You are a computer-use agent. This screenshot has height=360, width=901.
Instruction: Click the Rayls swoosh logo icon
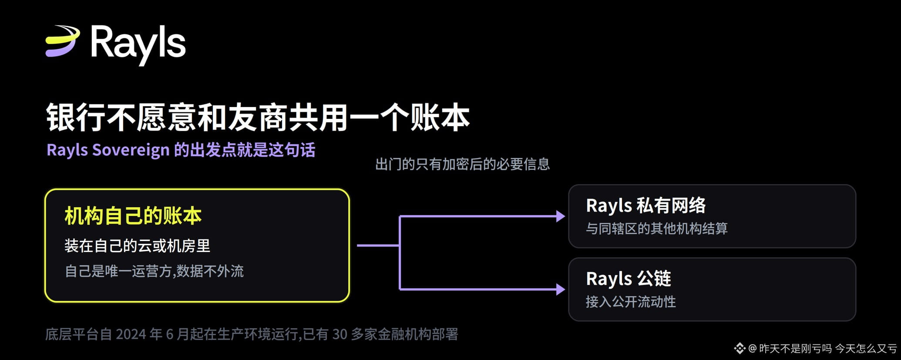click(x=63, y=41)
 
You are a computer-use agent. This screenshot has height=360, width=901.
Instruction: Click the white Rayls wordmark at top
click(x=138, y=44)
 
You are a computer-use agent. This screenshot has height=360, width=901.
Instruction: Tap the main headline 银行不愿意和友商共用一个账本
click(x=258, y=118)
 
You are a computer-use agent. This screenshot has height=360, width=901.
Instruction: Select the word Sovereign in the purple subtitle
click(x=131, y=150)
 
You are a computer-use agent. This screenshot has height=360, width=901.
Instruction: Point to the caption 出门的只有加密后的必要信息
click(x=462, y=165)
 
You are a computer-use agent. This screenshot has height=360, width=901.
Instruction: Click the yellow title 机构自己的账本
click(x=133, y=216)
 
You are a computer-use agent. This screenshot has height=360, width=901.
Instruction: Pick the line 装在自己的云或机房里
click(x=138, y=246)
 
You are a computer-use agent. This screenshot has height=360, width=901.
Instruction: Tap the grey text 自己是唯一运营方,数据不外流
click(x=154, y=271)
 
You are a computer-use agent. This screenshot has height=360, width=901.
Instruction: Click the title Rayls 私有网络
click(x=646, y=205)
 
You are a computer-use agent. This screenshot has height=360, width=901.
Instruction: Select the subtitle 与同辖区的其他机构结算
click(x=657, y=229)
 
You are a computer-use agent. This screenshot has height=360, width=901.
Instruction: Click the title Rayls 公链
click(x=629, y=279)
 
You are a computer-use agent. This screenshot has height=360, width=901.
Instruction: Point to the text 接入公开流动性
click(x=631, y=302)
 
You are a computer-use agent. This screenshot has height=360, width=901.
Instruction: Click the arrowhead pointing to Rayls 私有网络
click(x=561, y=216)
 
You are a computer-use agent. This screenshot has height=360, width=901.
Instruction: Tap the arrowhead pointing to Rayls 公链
click(x=561, y=289)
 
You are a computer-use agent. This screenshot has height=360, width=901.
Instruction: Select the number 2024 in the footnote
click(x=131, y=334)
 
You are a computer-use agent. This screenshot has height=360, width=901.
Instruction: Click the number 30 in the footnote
click(x=340, y=334)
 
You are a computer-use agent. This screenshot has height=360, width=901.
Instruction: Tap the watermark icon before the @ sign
click(x=740, y=348)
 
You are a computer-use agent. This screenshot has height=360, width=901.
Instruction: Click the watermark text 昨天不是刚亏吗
click(x=795, y=349)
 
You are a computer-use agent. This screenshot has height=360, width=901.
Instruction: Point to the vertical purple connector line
click(x=400, y=252)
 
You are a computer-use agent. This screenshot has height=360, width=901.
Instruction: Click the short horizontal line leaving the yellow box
click(x=378, y=246)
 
